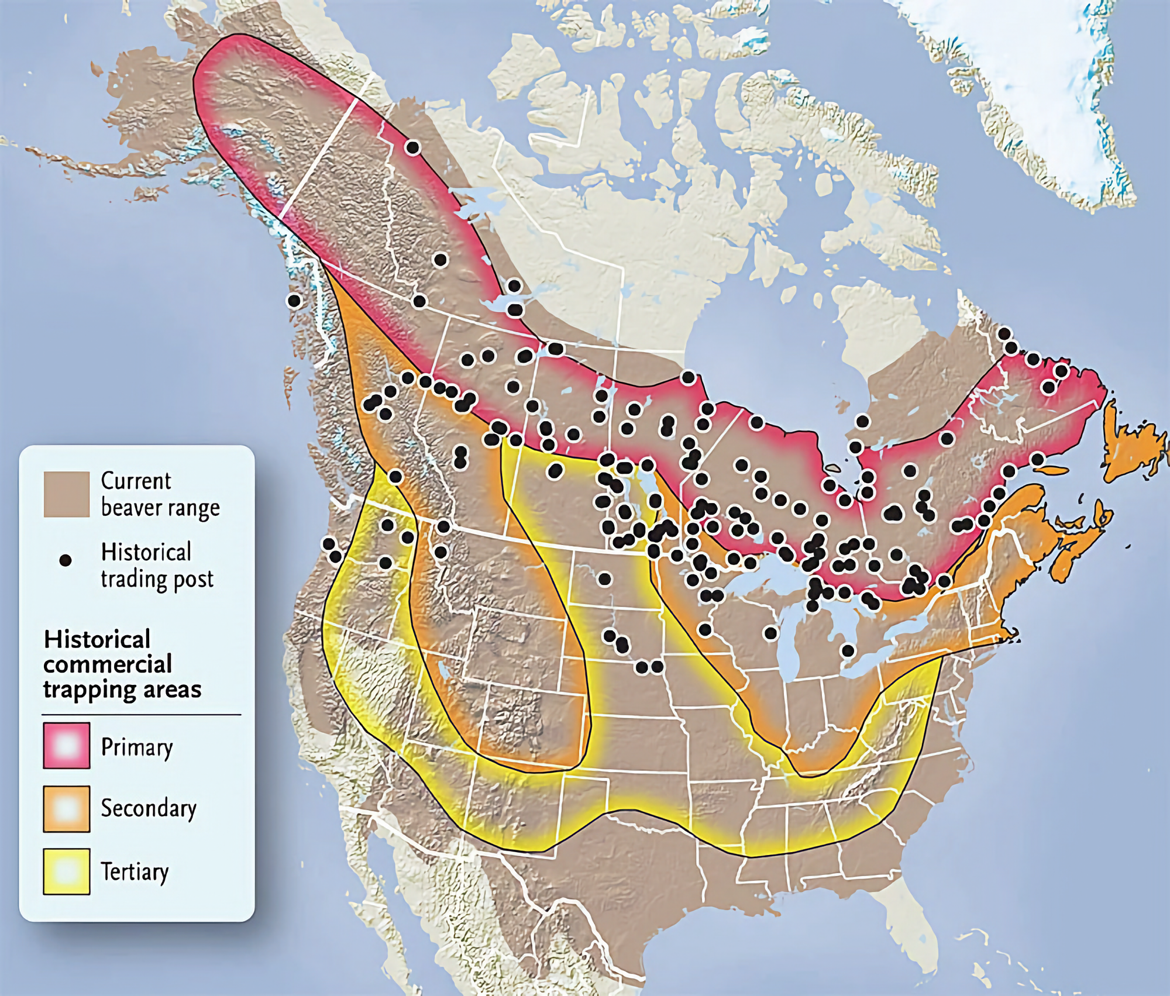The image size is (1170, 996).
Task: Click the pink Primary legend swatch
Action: pyautogui.click(x=66, y=745)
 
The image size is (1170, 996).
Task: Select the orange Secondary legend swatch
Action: pyautogui.click(x=66, y=808)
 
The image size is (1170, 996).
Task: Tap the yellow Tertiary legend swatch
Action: pyautogui.click(x=66, y=871)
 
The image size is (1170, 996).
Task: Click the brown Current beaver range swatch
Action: pyautogui.click(x=66, y=495)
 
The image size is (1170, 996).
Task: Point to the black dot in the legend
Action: pyautogui.click(x=66, y=560)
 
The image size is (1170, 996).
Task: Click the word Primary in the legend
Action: pyautogui.click(x=137, y=747)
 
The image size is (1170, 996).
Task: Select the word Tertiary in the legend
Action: pyautogui.click(x=135, y=871)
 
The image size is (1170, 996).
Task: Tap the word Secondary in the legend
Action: pyautogui.click(x=149, y=808)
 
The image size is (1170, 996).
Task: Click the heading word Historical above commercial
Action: pyautogui.click(x=97, y=639)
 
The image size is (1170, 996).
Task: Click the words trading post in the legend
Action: pyautogui.click(x=157, y=579)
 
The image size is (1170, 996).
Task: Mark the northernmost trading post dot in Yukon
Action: pyautogui.click(x=412, y=147)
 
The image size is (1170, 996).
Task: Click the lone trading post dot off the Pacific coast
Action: pyautogui.click(x=294, y=301)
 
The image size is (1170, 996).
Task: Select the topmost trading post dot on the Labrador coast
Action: pyautogui.click(x=1004, y=334)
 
